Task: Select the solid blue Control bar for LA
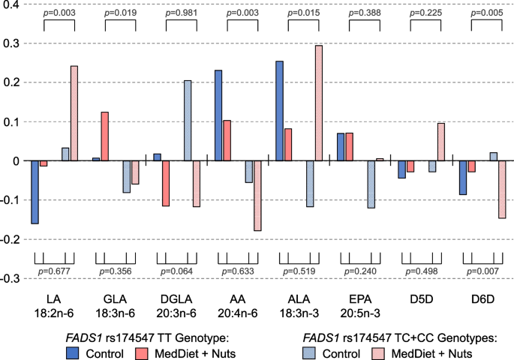click(35, 192)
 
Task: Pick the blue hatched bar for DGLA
click(188, 120)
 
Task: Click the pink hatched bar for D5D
click(440, 142)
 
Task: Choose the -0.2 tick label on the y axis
click(11, 239)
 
